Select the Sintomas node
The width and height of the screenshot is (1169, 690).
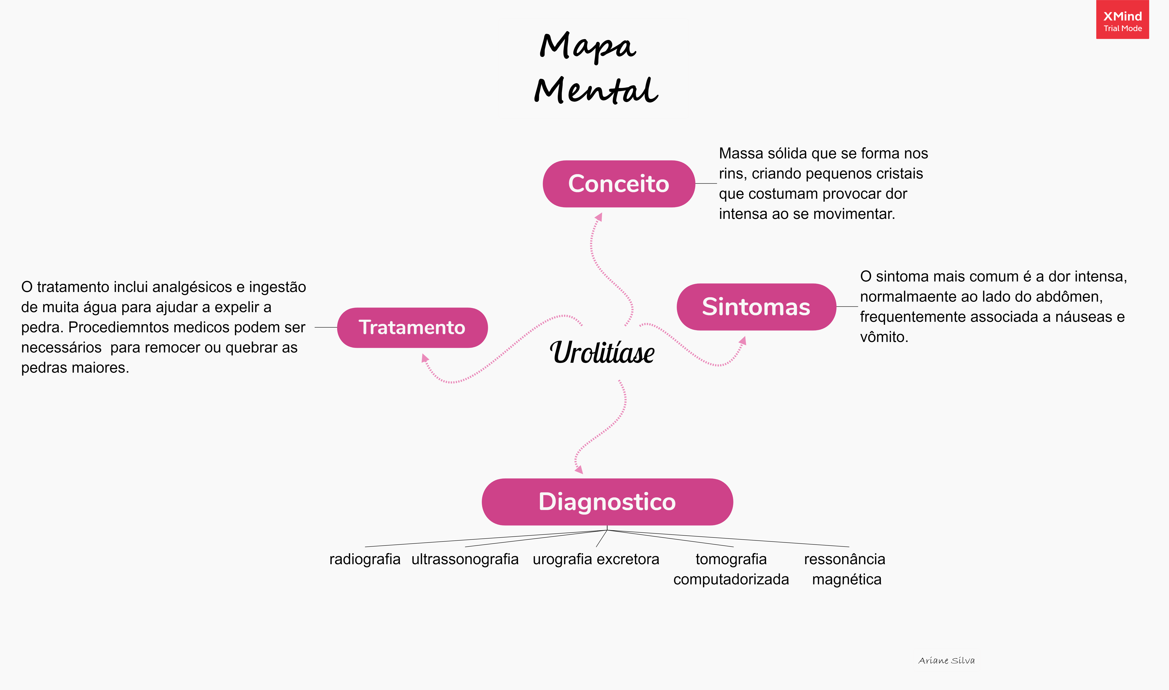[756, 307]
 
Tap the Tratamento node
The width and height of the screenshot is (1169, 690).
[412, 327]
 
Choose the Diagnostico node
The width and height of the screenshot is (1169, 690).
[607, 502]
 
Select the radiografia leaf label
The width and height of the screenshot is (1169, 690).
[365, 559]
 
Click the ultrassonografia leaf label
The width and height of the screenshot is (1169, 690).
[465, 559]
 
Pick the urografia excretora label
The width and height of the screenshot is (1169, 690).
[596, 559]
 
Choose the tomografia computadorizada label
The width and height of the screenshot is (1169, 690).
[731, 569]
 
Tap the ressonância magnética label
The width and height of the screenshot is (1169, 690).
[845, 569]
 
